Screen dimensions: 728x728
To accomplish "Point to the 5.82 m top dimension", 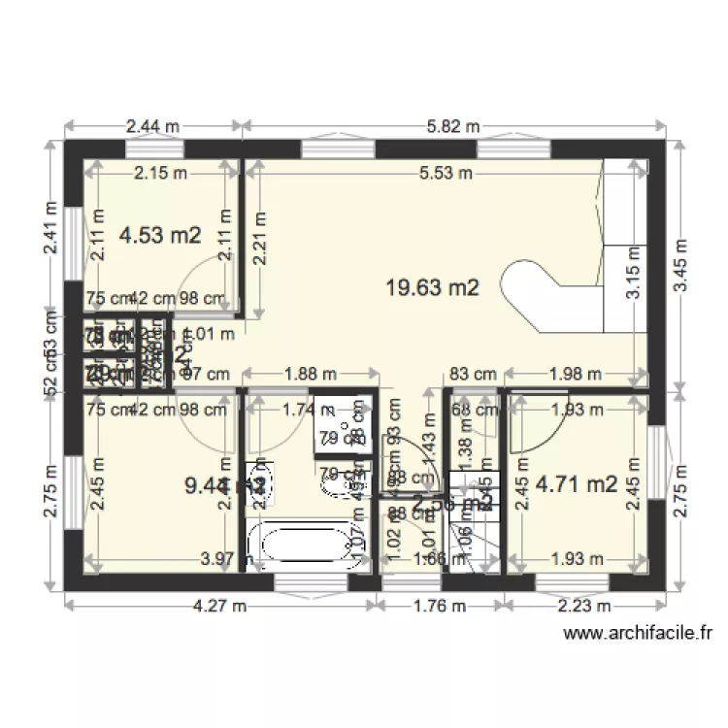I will point(454,126).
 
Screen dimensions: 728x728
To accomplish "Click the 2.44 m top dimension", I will point(152,126).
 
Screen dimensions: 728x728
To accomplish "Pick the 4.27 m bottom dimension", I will point(221,607).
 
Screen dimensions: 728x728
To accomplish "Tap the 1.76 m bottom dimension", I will point(441,607).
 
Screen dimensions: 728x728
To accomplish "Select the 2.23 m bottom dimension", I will point(584,607).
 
